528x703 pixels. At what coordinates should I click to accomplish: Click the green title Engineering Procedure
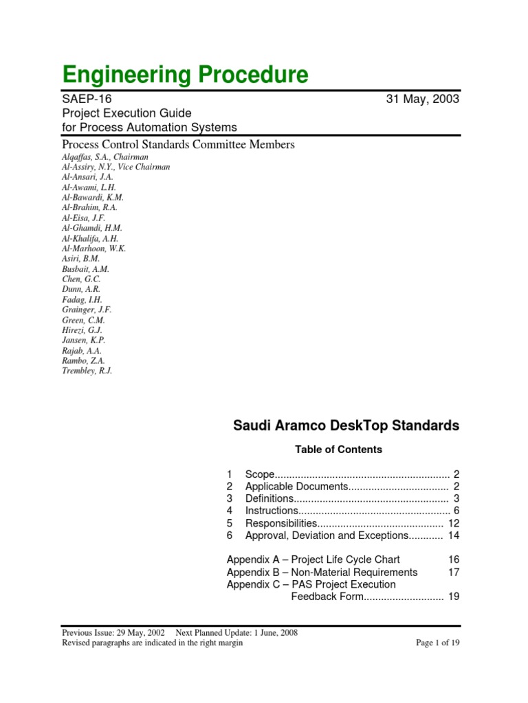coord(185,74)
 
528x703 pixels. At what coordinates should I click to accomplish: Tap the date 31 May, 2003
coord(423,99)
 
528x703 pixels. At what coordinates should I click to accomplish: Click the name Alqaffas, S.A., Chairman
coord(104,157)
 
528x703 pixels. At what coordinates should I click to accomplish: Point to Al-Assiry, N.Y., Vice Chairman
coord(115,167)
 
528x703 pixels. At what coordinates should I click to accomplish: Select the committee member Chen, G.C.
coord(81,279)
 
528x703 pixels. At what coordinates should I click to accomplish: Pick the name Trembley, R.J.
coord(87,371)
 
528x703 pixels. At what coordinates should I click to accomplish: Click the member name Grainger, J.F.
coord(87,310)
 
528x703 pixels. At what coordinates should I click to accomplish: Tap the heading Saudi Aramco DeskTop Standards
coord(346,426)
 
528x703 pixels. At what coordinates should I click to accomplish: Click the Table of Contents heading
coord(338,450)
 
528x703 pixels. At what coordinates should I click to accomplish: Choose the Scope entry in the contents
coord(260,474)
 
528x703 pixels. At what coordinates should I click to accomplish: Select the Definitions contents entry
coord(269,498)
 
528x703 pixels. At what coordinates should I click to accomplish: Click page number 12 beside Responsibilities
coord(453,523)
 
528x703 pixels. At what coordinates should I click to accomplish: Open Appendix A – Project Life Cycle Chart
coord(313,560)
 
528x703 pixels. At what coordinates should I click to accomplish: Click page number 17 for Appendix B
coord(453,572)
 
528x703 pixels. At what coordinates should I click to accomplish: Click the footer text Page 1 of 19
coord(438,643)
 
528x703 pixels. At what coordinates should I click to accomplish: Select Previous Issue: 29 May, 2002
coord(113,633)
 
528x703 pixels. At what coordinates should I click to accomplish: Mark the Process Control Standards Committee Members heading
coord(178,144)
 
